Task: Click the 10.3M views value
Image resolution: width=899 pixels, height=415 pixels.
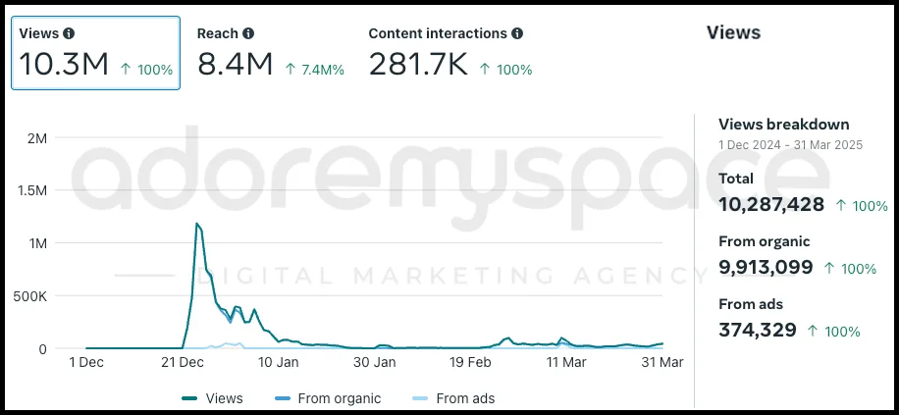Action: [64, 65]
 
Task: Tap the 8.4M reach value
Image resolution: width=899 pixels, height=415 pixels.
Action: [235, 65]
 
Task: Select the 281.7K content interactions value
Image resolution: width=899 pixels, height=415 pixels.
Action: [417, 65]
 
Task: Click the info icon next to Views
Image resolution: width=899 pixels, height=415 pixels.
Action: [69, 33]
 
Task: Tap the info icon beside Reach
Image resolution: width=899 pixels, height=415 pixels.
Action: [248, 33]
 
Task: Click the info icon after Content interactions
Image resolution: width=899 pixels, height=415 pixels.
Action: [517, 33]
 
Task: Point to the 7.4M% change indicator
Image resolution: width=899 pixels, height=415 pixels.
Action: [314, 70]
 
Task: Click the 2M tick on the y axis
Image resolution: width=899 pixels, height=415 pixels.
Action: [36, 137]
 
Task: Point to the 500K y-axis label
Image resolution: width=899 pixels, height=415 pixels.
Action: [29, 295]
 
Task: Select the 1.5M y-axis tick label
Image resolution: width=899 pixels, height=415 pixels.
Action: [31, 190]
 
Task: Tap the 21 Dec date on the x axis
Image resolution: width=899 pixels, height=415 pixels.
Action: [183, 362]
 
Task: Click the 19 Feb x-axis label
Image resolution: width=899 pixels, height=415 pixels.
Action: [470, 362]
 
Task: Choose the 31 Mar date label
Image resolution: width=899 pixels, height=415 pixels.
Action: [662, 362]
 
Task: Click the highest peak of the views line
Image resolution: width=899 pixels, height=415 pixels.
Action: [197, 225]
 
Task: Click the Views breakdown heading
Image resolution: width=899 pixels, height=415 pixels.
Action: [784, 125]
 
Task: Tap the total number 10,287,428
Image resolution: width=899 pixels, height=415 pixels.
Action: [771, 204]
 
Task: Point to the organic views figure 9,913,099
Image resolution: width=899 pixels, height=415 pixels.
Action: [766, 267]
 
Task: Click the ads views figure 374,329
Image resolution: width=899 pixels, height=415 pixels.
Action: [758, 330]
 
